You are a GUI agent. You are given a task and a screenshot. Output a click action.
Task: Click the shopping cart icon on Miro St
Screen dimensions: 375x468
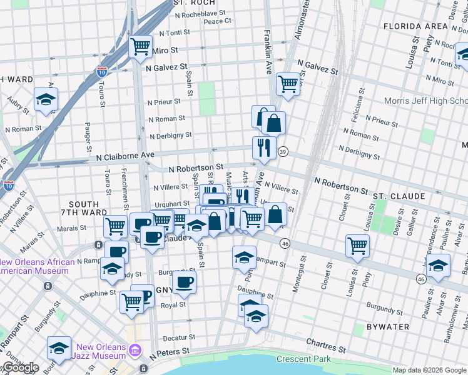pyautogui.click(x=140, y=46)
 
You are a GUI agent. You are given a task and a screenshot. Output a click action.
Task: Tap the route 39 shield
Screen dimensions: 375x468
pyautogui.click(x=283, y=152)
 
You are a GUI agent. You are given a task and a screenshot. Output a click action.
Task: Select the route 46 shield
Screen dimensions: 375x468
pyautogui.click(x=285, y=242)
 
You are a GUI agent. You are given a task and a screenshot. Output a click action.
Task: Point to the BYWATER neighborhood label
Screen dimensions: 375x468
pyautogui.click(x=388, y=327)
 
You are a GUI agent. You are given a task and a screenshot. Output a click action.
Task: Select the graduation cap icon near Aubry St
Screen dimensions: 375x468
pyautogui.click(x=46, y=100)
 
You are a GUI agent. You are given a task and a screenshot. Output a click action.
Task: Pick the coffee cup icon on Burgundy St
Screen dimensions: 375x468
pyautogui.click(x=184, y=282)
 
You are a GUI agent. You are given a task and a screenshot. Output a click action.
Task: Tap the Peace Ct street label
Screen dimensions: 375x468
pyautogui.click(x=218, y=21)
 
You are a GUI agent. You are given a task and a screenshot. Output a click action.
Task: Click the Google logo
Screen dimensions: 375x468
pyautogui.click(x=20, y=367)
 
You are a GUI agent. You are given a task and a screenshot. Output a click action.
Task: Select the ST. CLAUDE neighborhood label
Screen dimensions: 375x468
pyautogui.click(x=399, y=196)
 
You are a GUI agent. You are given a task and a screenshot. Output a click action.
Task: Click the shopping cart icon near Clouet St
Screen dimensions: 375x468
pyautogui.click(x=357, y=246)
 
